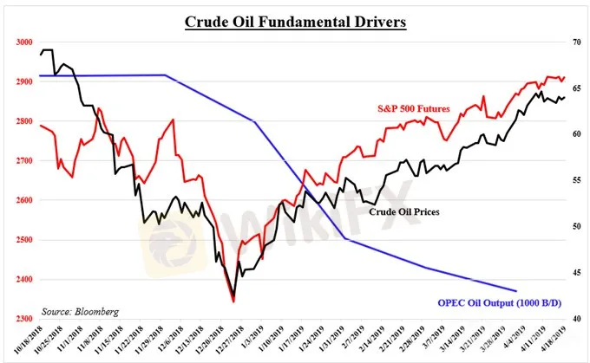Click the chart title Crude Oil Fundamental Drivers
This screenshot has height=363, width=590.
coord(295,21)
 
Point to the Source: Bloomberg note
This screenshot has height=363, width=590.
coord(81,309)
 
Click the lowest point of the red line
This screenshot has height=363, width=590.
coord(233,301)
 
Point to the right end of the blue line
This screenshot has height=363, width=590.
coord(517,291)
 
